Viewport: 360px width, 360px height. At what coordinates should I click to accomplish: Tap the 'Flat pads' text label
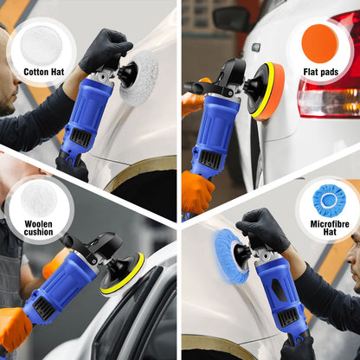coord(322,73)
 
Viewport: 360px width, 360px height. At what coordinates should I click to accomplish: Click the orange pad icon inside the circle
coord(322,40)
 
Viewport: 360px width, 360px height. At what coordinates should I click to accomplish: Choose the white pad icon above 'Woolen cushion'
coord(37,197)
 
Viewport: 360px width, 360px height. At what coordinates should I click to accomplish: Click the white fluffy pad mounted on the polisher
coord(139,78)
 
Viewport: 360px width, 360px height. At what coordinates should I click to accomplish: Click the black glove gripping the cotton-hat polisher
coord(105,48)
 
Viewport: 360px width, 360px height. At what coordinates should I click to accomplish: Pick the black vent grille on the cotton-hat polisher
coord(81,136)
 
